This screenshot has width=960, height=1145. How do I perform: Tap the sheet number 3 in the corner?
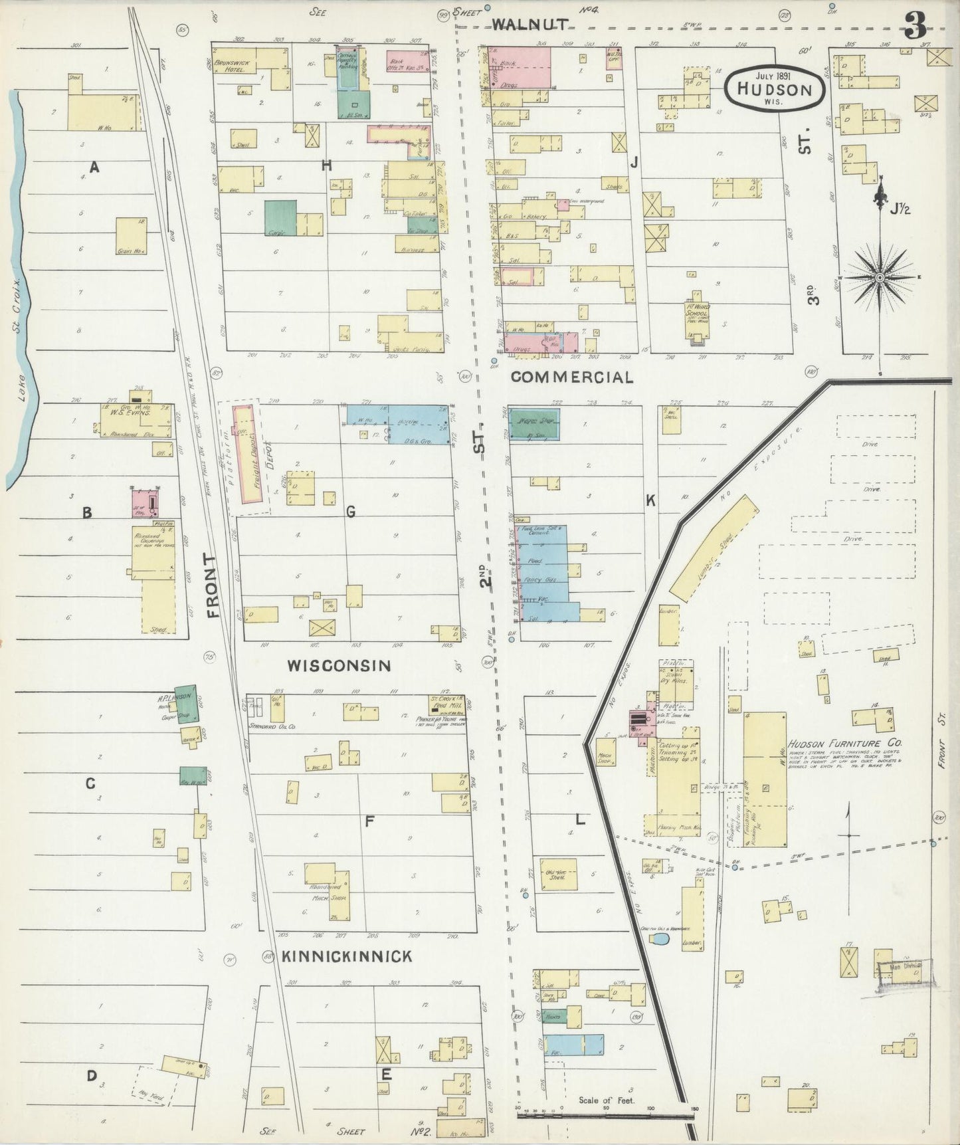click(x=915, y=27)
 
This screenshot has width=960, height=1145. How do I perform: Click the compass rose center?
click(x=880, y=276)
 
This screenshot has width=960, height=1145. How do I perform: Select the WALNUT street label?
click(x=529, y=25)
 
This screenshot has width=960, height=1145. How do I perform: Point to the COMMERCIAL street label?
click(x=571, y=377)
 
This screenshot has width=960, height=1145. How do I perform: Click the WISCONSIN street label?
click(x=339, y=665)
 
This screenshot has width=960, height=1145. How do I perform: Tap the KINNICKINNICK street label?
click(x=347, y=956)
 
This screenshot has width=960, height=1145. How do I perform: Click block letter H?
click(x=326, y=166)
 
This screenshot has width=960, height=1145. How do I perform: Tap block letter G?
click(x=350, y=512)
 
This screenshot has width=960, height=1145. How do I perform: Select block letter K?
click(x=650, y=500)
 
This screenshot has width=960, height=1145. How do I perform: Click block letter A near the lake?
click(x=94, y=167)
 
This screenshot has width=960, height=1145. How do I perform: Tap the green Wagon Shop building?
click(x=534, y=424)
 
